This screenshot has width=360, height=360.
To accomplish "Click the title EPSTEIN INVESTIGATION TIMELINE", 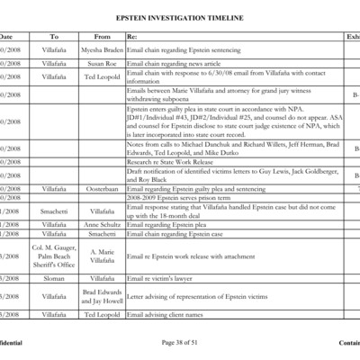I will pos(179,17).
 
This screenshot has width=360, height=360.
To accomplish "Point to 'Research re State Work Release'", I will pos(171,162).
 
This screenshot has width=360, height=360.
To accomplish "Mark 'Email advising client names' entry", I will pos(167,313).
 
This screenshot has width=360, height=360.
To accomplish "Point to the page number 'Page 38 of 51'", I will pos(180,343).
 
